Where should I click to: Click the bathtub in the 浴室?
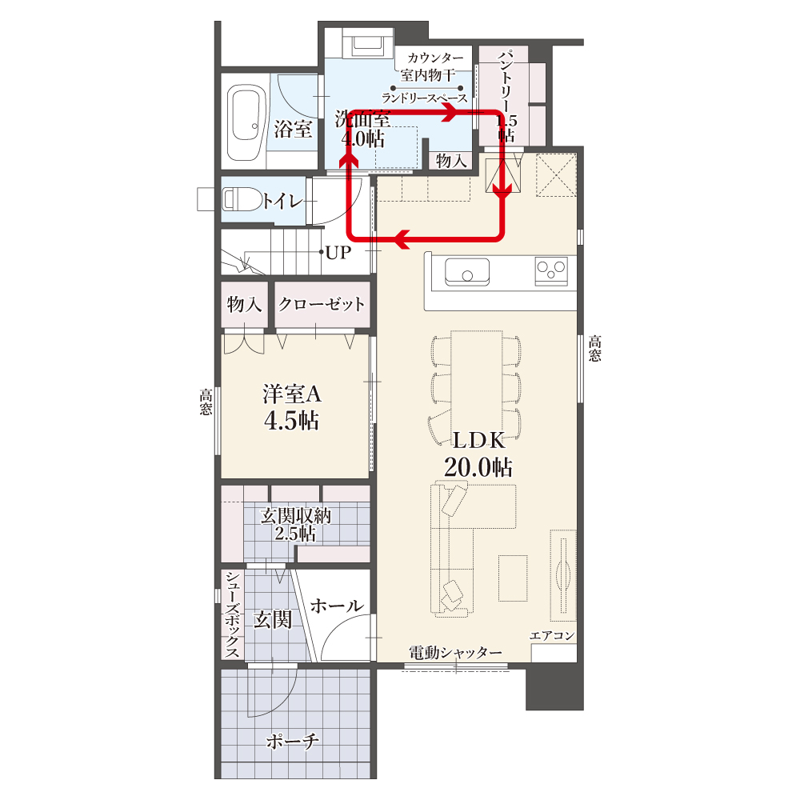click(246, 122)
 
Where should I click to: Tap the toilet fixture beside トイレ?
click(242, 199)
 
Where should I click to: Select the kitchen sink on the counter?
click(467, 271)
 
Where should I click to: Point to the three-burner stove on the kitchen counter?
click(551, 271)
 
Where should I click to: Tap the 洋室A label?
click(292, 394)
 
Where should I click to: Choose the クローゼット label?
click(322, 304)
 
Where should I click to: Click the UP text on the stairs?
click(338, 252)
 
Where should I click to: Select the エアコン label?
click(552, 635)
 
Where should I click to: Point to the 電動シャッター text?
click(456, 653)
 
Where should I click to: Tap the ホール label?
click(337, 606)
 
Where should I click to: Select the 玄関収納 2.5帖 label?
click(295, 525)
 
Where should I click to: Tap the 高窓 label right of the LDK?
click(595, 348)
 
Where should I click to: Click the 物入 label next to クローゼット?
click(244, 305)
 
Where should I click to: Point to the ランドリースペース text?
click(425, 98)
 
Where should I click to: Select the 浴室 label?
click(293, 129)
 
